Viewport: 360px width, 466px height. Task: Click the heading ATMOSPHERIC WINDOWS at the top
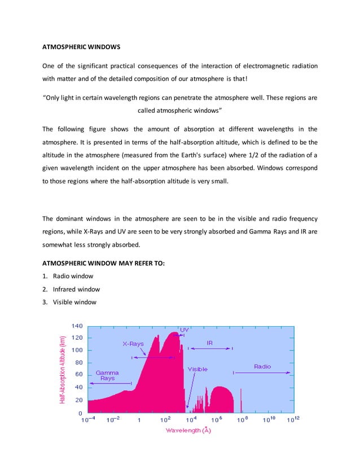click(81, 46)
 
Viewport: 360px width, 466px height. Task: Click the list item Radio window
click(73, 276)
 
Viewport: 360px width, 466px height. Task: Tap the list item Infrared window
click(76, 289)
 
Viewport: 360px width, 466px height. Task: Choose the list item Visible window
click(74, 302)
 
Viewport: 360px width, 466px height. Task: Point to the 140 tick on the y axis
click(77, 326)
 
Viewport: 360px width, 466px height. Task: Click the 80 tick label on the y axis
click(78, 362)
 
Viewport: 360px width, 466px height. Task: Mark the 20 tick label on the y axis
click(78, 399)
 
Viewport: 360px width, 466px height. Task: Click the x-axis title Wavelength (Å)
click(188, 430)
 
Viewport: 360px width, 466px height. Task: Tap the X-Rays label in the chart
click(134, 343)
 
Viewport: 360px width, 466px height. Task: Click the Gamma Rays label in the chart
click(107, 375)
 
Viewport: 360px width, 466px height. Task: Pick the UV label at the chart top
click(185, 329)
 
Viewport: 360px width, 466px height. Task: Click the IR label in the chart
click(210, 342)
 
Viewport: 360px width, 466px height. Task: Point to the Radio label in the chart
click(262, 366)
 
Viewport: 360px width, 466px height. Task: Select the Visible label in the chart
click(197, 369)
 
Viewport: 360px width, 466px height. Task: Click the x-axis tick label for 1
click(139, 420)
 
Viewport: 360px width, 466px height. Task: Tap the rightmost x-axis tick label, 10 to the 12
click(293, 420)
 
